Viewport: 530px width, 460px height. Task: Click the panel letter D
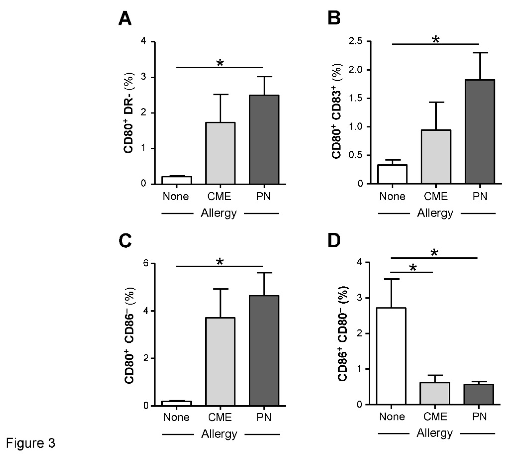click(334, 240)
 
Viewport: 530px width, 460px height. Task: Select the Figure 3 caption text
click(31, 443)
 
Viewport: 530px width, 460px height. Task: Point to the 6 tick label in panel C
click(146, 263)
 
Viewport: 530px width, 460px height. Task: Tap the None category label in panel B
click(392, 196)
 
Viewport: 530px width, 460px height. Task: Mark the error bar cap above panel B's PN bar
click(480, 53)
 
